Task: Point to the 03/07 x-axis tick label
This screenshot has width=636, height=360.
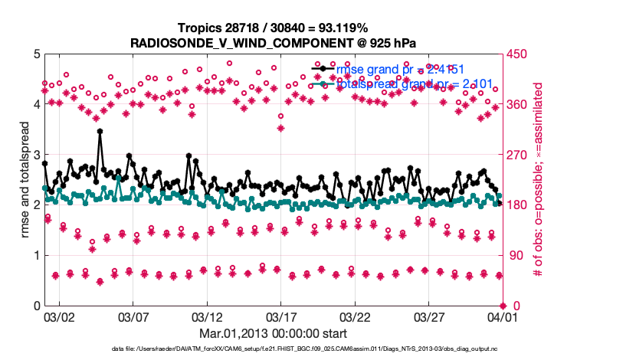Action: [133, 316]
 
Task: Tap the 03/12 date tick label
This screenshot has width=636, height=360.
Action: [206, 316]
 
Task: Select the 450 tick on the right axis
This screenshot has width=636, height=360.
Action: [516, 54]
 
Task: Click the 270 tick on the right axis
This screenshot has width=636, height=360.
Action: [516, 155]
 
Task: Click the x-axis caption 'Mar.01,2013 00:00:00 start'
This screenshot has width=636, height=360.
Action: [273, 333]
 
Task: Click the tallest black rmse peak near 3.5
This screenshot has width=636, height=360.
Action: [100, 132]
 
